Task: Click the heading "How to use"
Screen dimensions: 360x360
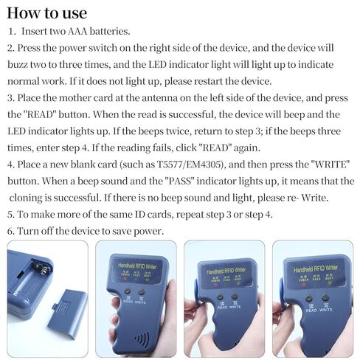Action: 46,13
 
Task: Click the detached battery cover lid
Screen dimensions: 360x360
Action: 67,318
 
